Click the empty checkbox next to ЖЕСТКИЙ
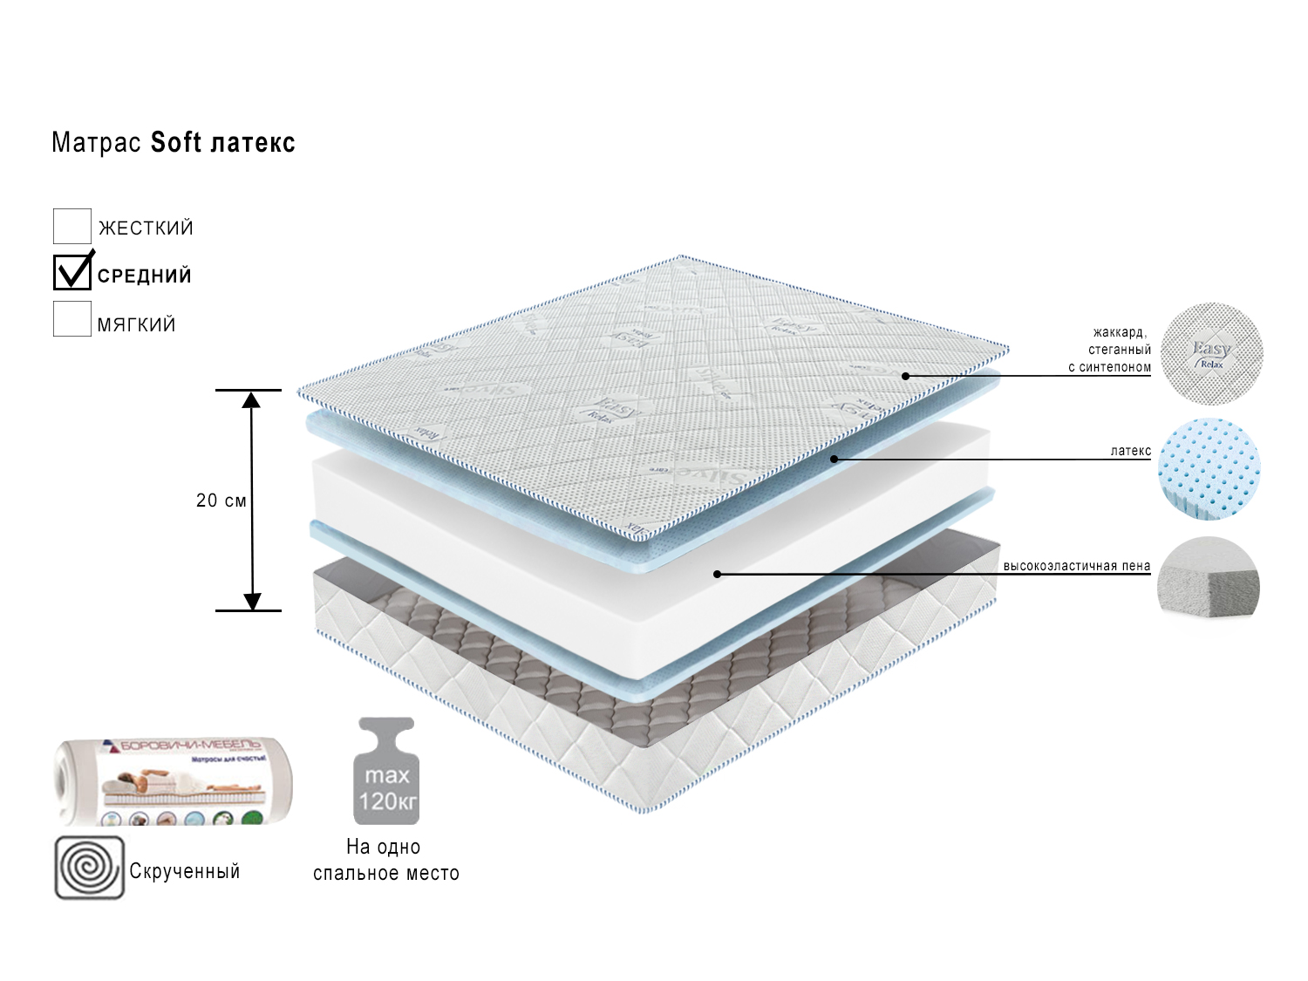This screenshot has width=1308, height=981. click(72, 227)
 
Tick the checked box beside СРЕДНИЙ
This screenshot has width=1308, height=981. click(72, 273)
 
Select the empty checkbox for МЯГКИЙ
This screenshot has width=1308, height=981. click(72, 319)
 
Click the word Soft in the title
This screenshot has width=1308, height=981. click(176, 142)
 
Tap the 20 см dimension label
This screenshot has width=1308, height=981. click(221, 501)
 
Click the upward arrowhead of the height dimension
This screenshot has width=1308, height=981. click(252, 400)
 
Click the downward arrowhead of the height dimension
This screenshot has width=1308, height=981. click(252, 601)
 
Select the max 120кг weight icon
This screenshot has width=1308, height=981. click(386, 772)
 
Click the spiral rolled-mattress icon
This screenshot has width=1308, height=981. click(90, 868)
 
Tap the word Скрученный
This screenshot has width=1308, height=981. click(185, 871)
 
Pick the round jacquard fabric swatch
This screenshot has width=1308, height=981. click(1211, 353)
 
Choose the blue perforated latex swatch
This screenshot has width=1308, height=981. click(1209, 468)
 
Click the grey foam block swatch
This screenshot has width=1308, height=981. click(1209, 579)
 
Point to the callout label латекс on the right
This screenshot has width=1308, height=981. click(1130, 451)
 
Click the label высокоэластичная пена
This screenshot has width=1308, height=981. click(1076, 566)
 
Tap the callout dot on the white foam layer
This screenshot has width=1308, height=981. click(717, 574)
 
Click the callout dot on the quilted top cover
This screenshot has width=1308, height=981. click(906, 376)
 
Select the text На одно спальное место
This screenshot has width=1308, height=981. click(385, 860)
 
